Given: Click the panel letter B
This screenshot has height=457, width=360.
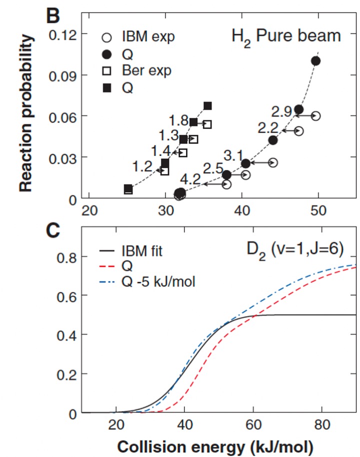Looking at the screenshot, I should coord(53,14).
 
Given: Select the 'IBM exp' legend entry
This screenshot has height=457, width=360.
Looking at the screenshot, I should coord(146,37).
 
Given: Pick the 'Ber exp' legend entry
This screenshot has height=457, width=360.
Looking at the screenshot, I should coord(146,70).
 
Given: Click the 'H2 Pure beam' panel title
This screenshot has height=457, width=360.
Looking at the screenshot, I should coord(286,36).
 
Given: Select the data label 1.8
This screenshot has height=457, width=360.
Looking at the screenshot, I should coord(178,120).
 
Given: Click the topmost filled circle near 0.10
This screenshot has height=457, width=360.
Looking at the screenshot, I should coord(315,61).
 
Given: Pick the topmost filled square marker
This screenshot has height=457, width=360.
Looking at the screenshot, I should coord(207,106).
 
